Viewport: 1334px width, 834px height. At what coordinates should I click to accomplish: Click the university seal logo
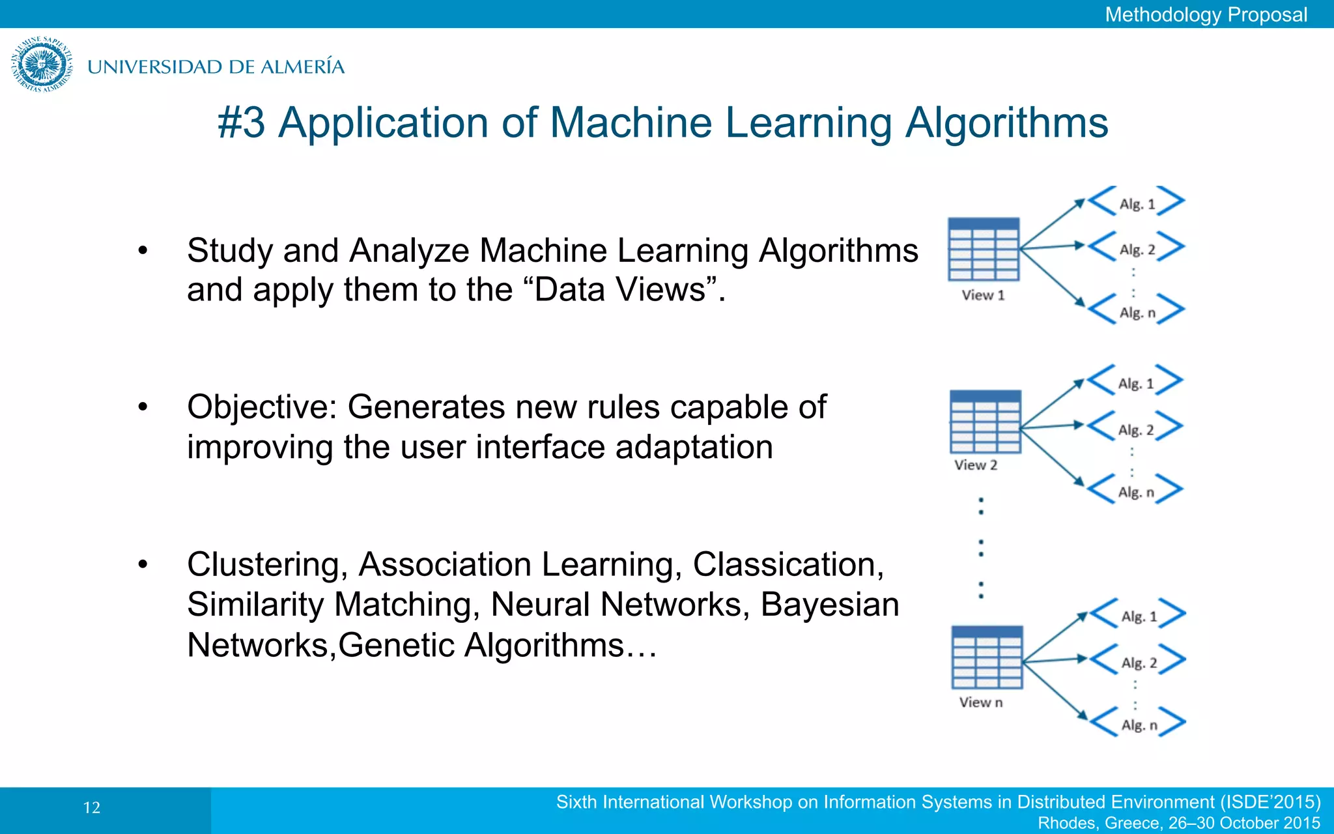click(x=42, y=65)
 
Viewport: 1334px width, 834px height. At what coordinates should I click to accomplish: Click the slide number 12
click(x=92, y=808)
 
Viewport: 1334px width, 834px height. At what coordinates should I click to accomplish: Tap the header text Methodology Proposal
click(x=1206, y=14)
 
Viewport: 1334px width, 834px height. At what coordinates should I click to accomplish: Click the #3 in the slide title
click(x=242, y=122)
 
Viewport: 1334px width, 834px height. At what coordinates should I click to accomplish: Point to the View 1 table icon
click(x=984, y=250)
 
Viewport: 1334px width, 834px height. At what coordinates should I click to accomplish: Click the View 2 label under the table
click(x=976, y=465)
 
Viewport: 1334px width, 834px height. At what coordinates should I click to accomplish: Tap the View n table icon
click(x=987, y=657)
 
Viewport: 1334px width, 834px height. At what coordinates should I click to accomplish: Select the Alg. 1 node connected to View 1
click(x=1137, y=204)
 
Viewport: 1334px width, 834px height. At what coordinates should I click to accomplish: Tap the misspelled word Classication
click(x=788, y=564)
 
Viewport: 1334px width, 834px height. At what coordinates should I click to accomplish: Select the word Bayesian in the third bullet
click(x=829, y=605)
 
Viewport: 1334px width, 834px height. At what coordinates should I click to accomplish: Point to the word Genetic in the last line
click(x=395, y=645)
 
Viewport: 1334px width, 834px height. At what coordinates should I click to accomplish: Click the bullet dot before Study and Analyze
click(x=143, y=251)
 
